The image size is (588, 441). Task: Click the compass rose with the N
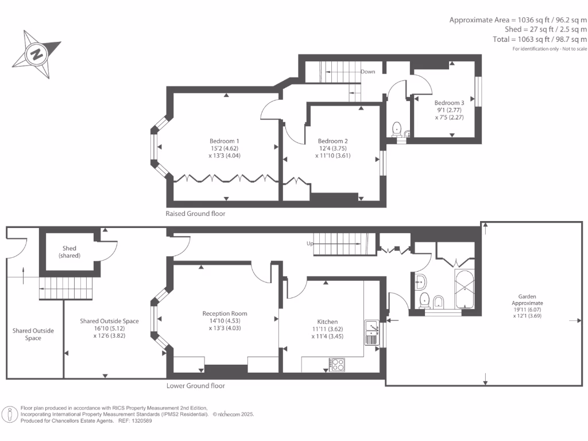click(x=37, y=55)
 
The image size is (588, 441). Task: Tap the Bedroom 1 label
click(x=225, y=141)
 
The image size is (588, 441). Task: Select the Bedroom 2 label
click(x=332, y=141)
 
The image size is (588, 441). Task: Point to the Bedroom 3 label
click(x=449, y=103)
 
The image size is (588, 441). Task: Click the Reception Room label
click(x=225, y=314)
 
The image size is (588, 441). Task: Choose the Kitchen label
click(x=327, y=322)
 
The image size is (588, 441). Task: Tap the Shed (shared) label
click(x=69, y=252)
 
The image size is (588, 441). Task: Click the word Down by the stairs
click(x=368, y=72)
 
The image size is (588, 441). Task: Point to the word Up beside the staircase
click(x=310, y=243)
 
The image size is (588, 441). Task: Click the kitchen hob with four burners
click(x=336, y=365)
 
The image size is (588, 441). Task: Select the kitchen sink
click(x=372, y=332)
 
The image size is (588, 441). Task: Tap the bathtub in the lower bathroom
click(x=464, y=289)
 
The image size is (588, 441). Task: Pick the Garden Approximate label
click(x=527, y=300)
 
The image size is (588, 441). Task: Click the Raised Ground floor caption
click(x=195, y=214)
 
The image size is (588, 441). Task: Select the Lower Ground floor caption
click(x=195, y=385)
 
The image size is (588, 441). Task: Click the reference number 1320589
click(x=141, y=421)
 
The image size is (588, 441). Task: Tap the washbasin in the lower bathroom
click(x=421, y=281)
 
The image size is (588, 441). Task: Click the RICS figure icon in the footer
click(x=10, y=415)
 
